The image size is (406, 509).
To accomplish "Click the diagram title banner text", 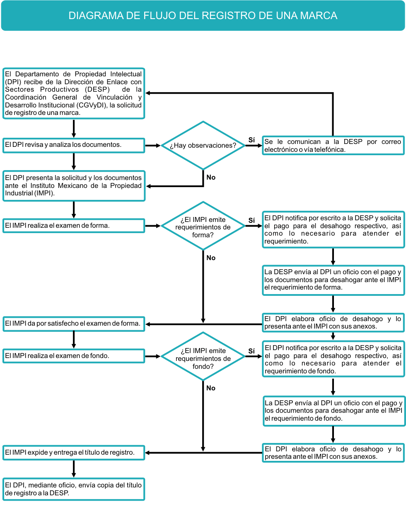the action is pos(203,16).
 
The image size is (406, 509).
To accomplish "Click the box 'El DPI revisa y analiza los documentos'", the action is pos(74,146).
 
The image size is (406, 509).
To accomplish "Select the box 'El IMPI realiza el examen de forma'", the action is pos(74,226).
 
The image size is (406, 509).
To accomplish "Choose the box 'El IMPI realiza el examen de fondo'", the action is pos(74,356).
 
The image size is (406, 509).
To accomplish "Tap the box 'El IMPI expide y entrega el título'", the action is pos(74,453).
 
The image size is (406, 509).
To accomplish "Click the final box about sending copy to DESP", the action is pos(74,489).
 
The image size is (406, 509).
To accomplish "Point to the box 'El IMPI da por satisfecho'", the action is pos(74,324).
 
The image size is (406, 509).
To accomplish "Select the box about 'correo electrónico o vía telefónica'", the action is pos(333,146).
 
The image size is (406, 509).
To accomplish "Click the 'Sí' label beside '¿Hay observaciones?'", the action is pos(251,140).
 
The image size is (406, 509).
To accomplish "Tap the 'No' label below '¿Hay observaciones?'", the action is pos(211,178).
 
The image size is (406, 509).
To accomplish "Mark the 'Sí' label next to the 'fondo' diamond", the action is pos(251,351).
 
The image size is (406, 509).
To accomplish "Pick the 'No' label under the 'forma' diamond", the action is pos(211,258).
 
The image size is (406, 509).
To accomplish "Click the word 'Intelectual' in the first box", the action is pos(126,74).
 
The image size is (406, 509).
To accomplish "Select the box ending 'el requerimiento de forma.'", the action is pos(333,280).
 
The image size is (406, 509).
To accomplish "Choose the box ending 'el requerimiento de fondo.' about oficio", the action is pos(334,411).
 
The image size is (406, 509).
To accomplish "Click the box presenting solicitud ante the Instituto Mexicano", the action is pos(74,186).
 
